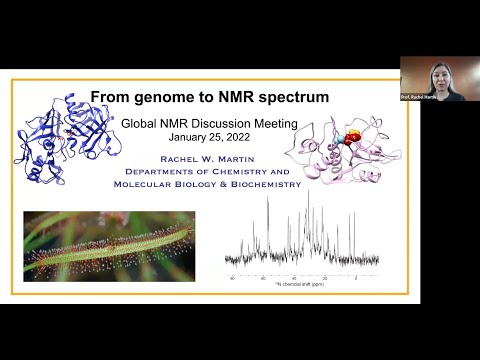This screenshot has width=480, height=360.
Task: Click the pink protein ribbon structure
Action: [x=330, y=150]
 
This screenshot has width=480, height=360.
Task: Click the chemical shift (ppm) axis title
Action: [x=305, y=283]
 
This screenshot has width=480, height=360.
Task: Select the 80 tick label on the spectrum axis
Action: [x=233, y=276]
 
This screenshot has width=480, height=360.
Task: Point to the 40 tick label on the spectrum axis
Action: [x=294, y=276]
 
